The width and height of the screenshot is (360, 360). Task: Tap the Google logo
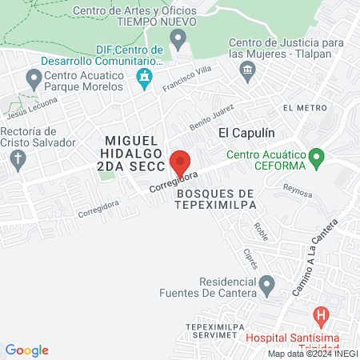(26, 350)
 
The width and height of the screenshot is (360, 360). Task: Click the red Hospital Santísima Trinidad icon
(321, 315)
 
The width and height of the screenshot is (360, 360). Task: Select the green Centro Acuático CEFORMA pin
(317, 157)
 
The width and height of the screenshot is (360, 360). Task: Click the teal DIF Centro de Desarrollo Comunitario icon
(145, 78)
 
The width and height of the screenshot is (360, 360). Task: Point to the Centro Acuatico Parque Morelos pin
(34, 78)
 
